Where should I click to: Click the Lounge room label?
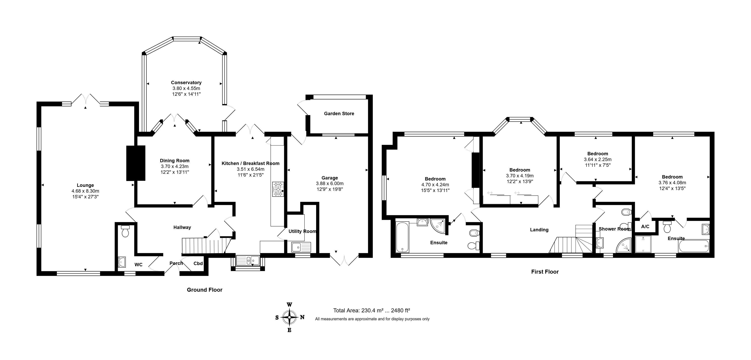point(85,185)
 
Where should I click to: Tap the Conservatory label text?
point(186,82)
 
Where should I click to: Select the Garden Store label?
point(339,113)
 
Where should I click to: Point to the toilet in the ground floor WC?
point(125,231)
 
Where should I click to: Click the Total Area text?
point(372,310)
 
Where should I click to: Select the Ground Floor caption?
point(205,290)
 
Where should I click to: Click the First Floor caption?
point(545,272)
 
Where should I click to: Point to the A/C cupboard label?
point(645,227)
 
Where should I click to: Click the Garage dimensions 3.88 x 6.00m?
point(330,183)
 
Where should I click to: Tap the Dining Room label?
point(175,161)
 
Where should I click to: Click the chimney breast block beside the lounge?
point(136,163)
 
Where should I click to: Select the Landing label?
point(539,230)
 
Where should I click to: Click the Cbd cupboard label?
point(198,263)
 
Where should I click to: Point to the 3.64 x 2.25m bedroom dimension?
point(598,159)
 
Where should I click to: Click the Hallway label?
point(182,227)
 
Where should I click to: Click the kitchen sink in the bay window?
point(248,260)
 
